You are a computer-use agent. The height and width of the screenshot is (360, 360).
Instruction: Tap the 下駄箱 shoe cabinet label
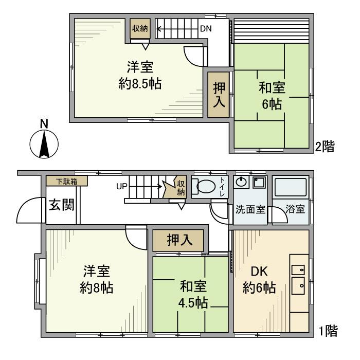click(x=66, y=181)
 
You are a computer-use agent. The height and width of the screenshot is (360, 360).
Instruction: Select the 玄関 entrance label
click(x=61, y=205)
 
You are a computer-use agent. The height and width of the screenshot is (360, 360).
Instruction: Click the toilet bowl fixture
click(x=205, y=187)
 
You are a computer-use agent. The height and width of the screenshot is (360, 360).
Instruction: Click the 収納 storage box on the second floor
click(x=139, y=29)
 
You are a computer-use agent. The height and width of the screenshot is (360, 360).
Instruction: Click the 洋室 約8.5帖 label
click(x=140, y=76)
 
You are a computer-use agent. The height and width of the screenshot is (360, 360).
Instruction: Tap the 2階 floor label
click(x=325, y=147)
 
